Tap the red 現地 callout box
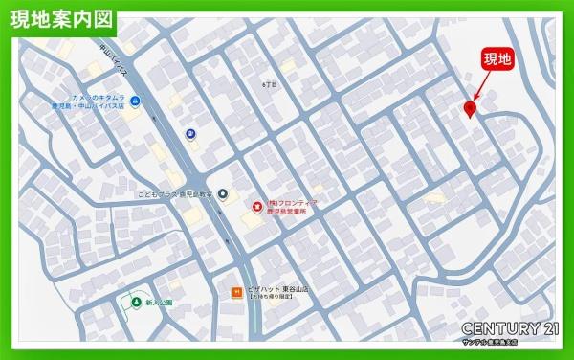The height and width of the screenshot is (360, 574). point(499,59)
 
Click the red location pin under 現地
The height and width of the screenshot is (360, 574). point(470,109)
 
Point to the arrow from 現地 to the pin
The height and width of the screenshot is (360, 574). point(480,88)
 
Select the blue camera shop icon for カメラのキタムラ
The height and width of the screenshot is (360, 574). point(136,101)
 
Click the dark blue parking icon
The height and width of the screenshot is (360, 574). point(191,134)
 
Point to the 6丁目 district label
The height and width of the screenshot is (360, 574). point(269,85)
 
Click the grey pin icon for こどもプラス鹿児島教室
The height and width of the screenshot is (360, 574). point(223,194)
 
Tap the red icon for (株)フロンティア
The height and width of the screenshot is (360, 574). point(255,206)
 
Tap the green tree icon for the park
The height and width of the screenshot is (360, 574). point(134,300)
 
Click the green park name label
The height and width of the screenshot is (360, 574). point(159,301)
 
